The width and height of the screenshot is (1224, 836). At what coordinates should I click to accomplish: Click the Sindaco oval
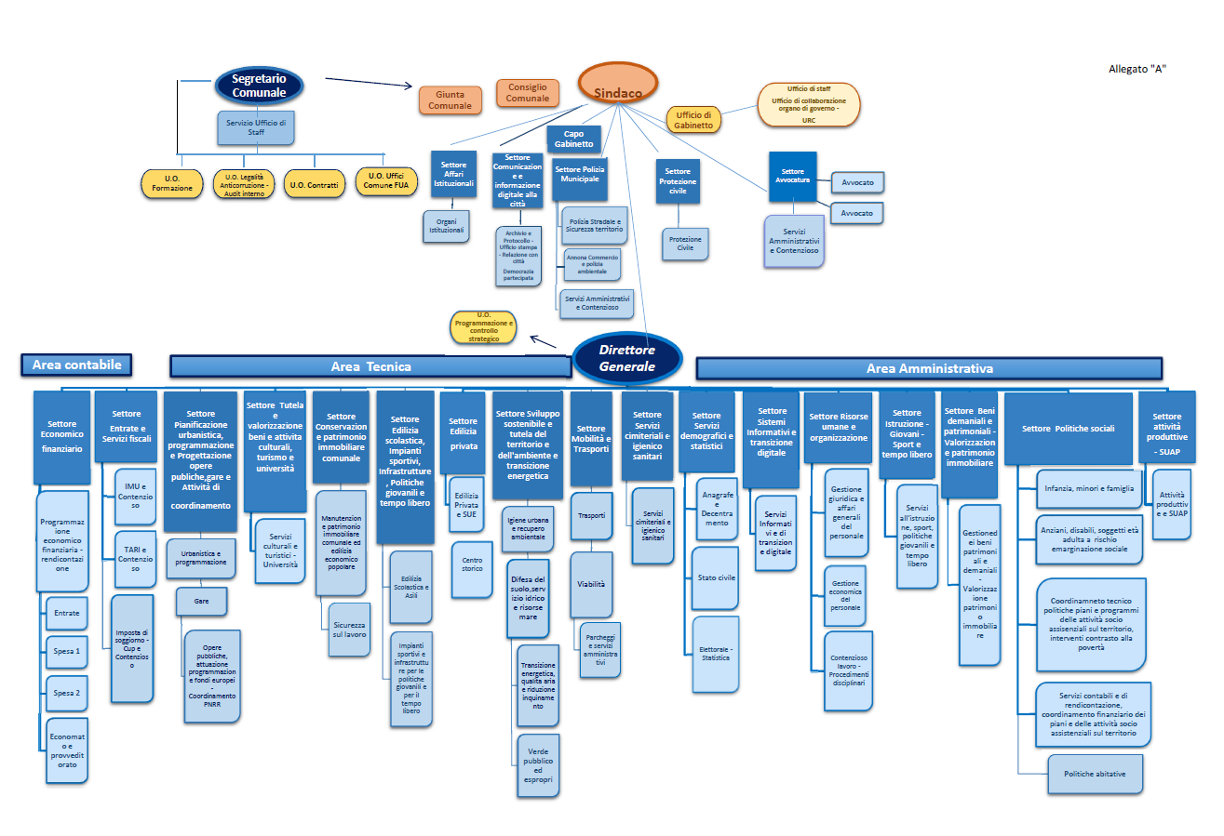[618, 85]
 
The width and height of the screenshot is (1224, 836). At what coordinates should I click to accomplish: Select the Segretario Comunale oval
[259, 86]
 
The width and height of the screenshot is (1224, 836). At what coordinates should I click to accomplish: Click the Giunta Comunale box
[451, 100]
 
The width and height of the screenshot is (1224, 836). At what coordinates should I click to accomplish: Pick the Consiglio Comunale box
[528, 93]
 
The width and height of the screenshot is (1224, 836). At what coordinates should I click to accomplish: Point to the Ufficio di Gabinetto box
[694, 119]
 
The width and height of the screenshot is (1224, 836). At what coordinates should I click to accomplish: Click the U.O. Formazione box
[172, 182]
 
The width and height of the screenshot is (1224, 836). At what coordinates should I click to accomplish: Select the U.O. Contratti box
[314, 184]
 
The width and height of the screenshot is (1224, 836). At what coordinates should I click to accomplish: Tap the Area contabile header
[76, 365]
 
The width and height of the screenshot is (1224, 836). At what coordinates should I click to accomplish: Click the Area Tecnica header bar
[370, 366]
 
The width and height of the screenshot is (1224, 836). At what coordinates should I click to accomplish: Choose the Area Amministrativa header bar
[929, 368]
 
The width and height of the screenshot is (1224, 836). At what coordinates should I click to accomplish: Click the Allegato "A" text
[1137, 68]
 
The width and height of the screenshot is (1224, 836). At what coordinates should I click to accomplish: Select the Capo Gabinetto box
[573, 139]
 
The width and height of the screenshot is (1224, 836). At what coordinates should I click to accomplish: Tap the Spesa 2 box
[66, 693]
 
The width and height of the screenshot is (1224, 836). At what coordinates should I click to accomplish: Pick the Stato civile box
[716, 578]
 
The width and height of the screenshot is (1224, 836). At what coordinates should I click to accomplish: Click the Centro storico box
[472, 564]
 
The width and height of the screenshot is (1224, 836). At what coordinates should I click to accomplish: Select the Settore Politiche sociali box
[1068, 429]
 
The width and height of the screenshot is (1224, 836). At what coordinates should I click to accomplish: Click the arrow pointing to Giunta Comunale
[369, 84]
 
